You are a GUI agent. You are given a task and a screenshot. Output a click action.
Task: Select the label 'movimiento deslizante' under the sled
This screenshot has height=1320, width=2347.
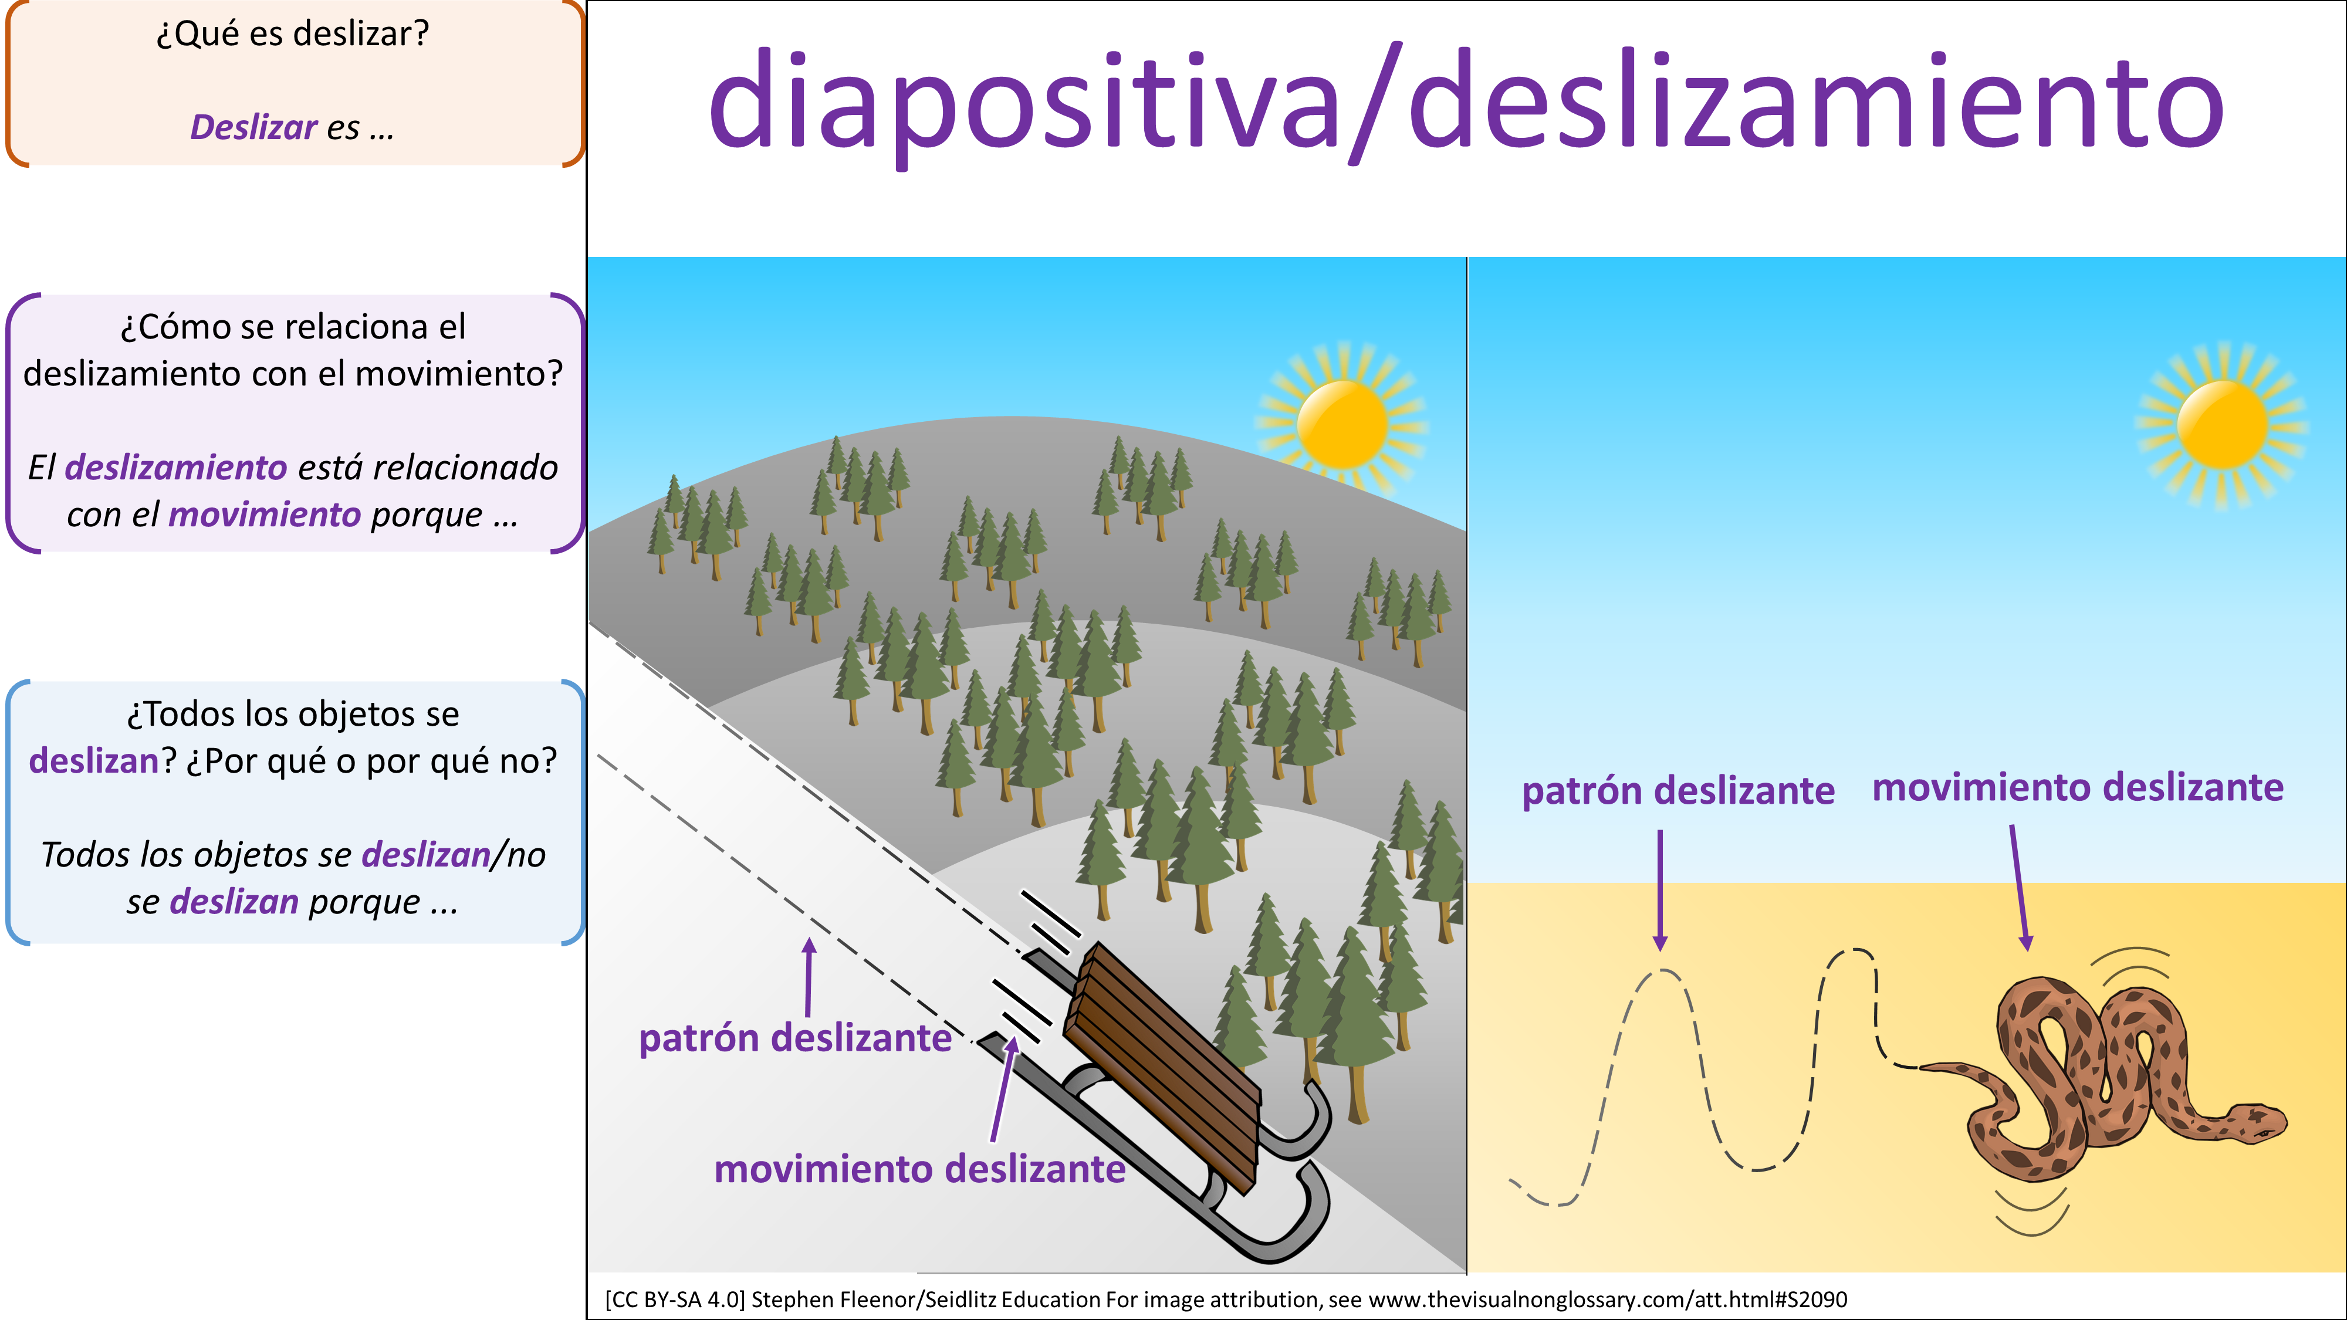(919, 1169)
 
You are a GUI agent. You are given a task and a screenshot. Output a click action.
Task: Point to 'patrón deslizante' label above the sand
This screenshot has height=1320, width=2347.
(1678, 791)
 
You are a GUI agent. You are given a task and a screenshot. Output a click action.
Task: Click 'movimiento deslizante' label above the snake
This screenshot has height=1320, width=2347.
(2077, 787)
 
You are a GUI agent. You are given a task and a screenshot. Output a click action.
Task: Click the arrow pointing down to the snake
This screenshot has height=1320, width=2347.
(2019, 888)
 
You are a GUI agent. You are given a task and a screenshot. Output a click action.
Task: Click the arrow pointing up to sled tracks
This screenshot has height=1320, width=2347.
(808, 977)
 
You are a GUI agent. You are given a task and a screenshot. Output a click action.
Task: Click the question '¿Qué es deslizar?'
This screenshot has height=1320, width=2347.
(292, 33)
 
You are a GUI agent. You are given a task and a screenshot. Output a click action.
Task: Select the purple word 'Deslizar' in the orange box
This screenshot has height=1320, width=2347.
(253, 127)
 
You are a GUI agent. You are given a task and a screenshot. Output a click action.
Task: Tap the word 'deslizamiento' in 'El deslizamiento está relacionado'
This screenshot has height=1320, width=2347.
(176, 468)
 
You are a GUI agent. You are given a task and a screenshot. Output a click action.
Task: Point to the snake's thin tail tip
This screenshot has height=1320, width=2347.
(1922, 1067)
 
